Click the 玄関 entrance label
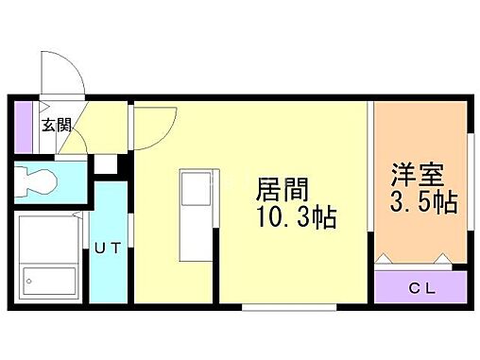click(57, 125)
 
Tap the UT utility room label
click(108, 249)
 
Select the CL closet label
click(422, 288)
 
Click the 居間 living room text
click(282, 190)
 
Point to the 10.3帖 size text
click(297, 217)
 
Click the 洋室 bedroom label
click(417, 175)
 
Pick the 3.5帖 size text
click(423, 202)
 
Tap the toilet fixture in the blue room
click(36, 182)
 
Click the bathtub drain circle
click(29, 282)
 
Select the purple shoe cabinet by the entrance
click(24, 128)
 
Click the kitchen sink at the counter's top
click(196, 189)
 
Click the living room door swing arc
click(163, 136)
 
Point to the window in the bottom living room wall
click(289, 307)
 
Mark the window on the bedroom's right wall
click(471, 181)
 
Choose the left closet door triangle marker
click(384, 258)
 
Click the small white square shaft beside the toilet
click(106, 163)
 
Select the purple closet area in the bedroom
click(420, 287)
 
